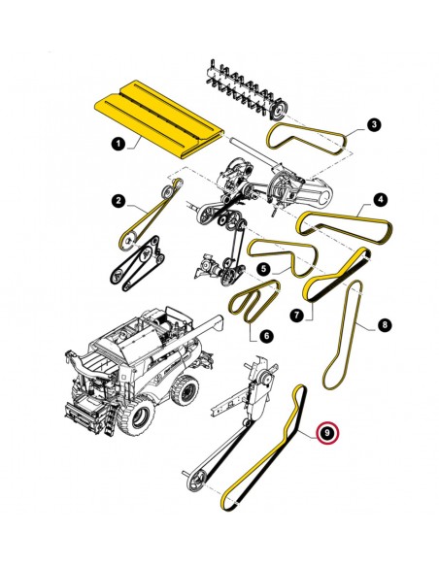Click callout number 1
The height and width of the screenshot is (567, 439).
point(118,145)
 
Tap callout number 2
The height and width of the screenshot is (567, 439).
point(118,200)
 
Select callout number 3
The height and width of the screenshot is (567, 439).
point(374,124)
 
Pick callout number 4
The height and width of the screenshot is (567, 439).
point(381,199)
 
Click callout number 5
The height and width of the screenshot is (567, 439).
point(264,268)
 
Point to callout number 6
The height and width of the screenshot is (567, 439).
point(266,336)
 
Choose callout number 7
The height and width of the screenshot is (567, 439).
point(297,315)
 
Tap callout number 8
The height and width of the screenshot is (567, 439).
point(385,324)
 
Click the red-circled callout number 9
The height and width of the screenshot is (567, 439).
point(327,432)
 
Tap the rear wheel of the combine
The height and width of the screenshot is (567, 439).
point(186,390)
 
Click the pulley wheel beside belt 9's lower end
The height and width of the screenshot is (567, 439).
point(196,479)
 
